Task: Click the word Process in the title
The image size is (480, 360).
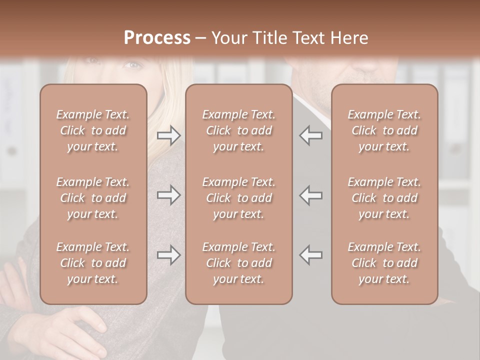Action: pos(157,38)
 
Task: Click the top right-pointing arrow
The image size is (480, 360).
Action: pos(168,135)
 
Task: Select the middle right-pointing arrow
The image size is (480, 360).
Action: pos(168,195)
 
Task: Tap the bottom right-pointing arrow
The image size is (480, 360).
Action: pos(168,255)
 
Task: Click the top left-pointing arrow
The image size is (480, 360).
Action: pos(310,135)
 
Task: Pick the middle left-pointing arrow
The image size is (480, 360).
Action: pos(310,195)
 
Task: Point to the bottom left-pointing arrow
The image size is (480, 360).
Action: pos(310,255)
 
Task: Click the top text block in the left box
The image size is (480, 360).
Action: pos(93,130)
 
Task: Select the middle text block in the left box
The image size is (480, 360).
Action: pos(93,198)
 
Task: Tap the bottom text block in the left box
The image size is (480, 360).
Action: pos(93,263)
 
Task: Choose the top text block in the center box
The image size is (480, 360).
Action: pos(238,130)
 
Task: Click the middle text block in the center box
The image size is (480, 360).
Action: pos(238,198)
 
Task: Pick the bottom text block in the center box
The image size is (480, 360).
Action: pos(238,263)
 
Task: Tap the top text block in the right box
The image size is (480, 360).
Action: pos(384,130)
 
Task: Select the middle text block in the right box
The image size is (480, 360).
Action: pos(384,198)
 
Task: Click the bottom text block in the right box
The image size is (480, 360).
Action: pos(384,263)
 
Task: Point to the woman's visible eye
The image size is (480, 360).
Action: pos(132,64)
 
